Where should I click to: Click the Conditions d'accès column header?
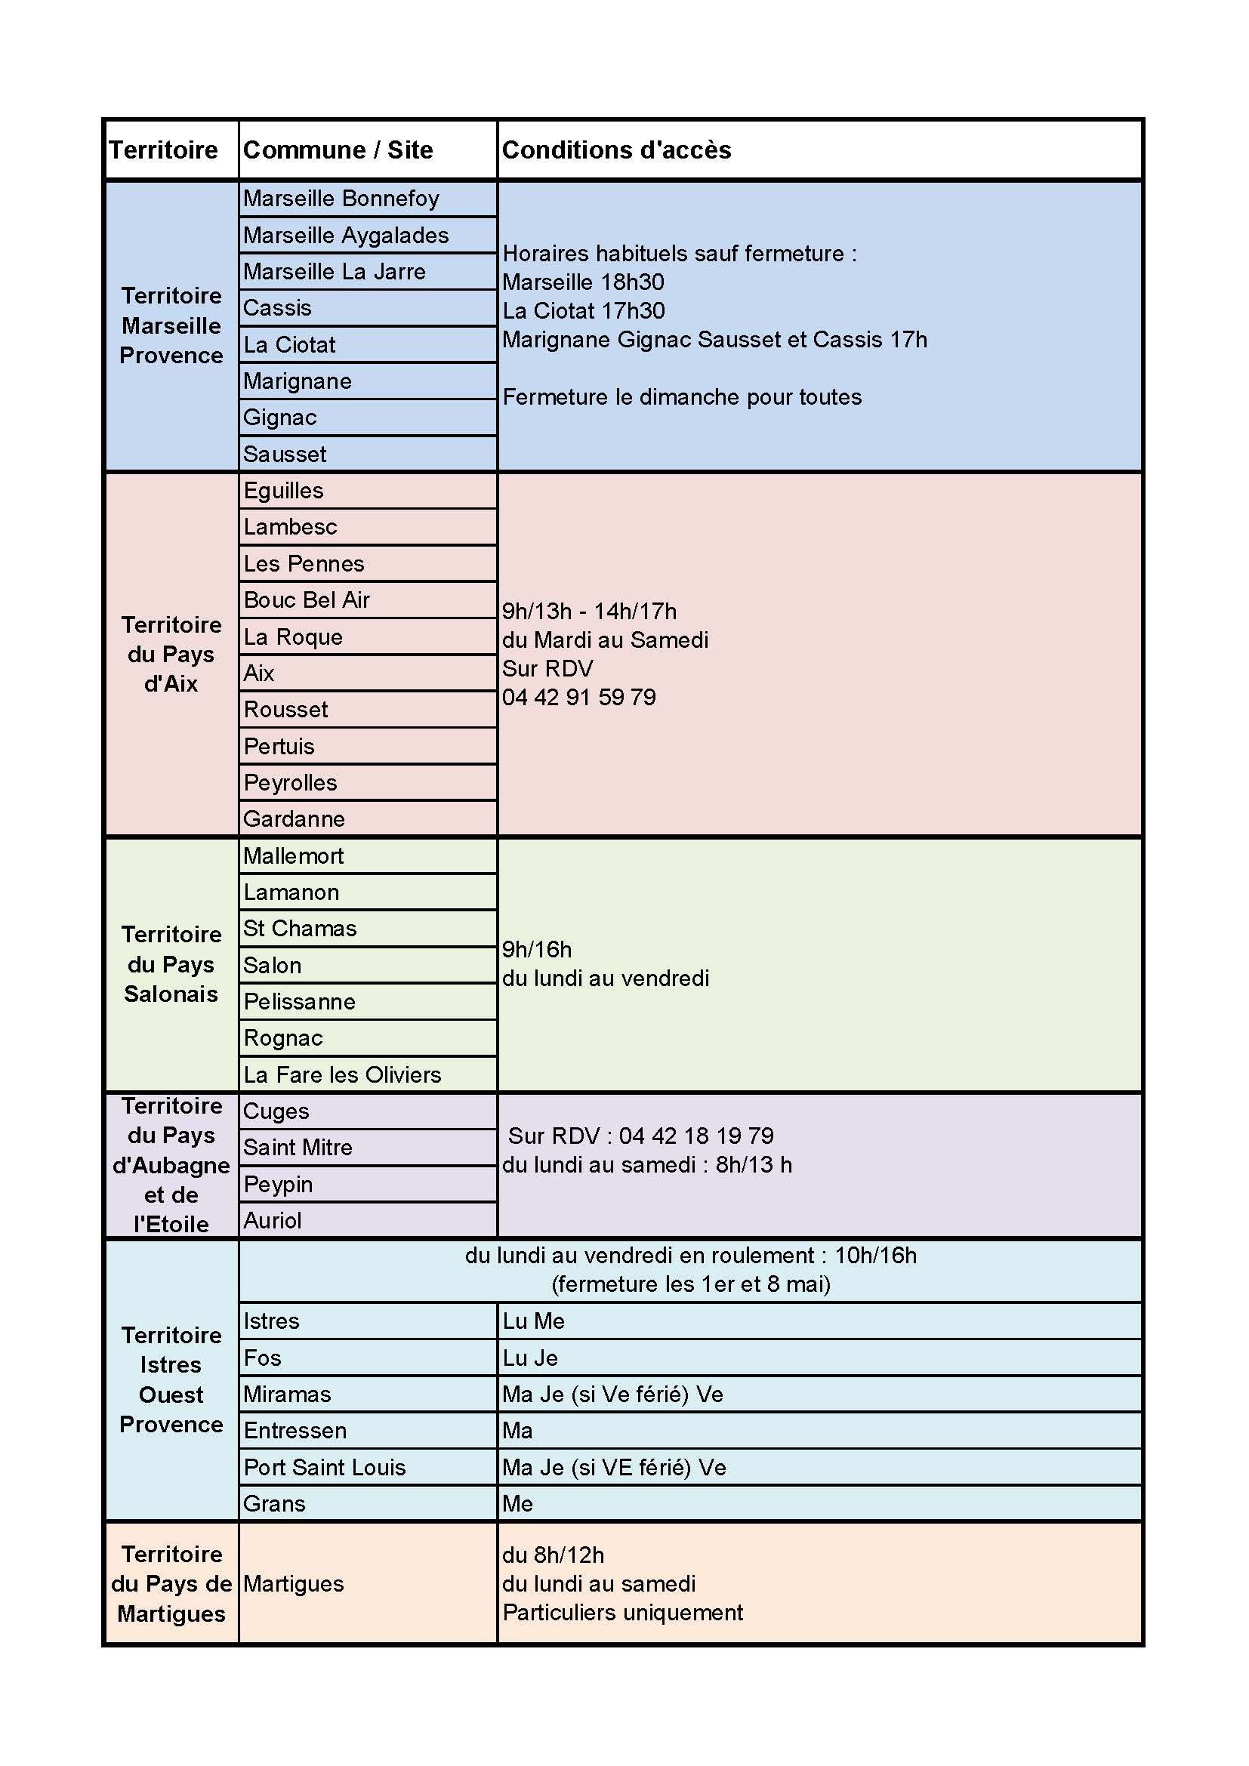[616, 149]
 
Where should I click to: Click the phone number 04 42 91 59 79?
[579, 697]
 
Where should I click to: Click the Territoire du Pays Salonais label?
[171, 963]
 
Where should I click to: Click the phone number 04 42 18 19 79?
[696, 1136]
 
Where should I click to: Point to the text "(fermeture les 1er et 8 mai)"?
[691, 1284]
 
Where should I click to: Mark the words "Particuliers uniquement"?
[623, 1612]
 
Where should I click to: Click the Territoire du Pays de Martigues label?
[171, 1583]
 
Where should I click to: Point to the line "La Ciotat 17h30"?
[584, 311]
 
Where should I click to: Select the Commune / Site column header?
[338, 149]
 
